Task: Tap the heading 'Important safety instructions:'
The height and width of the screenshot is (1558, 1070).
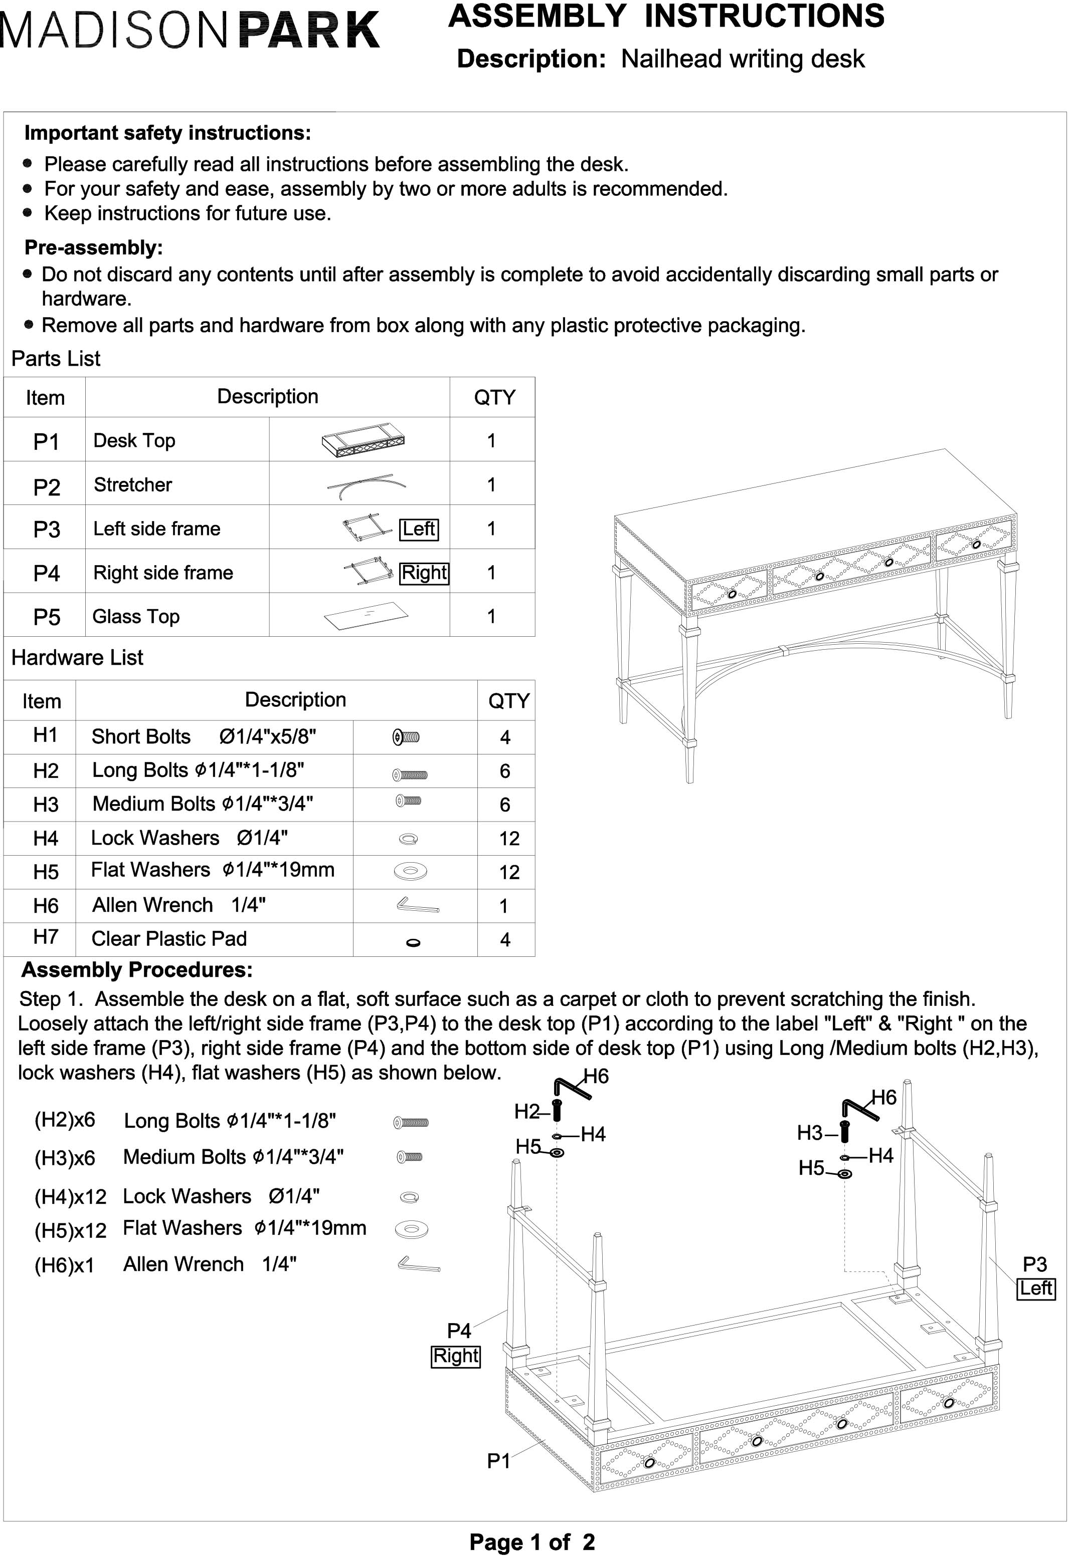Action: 167,133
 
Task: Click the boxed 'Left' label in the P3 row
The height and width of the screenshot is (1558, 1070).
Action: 419,529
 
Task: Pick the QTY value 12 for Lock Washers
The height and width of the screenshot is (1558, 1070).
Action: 508,838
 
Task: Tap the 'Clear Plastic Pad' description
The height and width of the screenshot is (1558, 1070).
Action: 169,938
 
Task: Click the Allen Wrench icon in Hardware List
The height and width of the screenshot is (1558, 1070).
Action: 417,906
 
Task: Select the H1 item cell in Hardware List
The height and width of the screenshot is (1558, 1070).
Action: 46,735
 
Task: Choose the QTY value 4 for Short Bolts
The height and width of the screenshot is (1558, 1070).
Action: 505,737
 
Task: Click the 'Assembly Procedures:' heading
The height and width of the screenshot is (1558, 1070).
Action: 137,969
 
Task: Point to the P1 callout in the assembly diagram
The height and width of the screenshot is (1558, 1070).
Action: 498,1461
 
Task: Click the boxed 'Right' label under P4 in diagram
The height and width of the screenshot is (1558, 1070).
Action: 455,1356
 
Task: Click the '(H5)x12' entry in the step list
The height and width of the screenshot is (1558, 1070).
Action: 70,1231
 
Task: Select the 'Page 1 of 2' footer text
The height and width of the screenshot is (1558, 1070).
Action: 532,1542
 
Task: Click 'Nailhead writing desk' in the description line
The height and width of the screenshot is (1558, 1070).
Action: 743,59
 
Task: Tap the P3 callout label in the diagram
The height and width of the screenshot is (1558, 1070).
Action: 1034,1264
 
